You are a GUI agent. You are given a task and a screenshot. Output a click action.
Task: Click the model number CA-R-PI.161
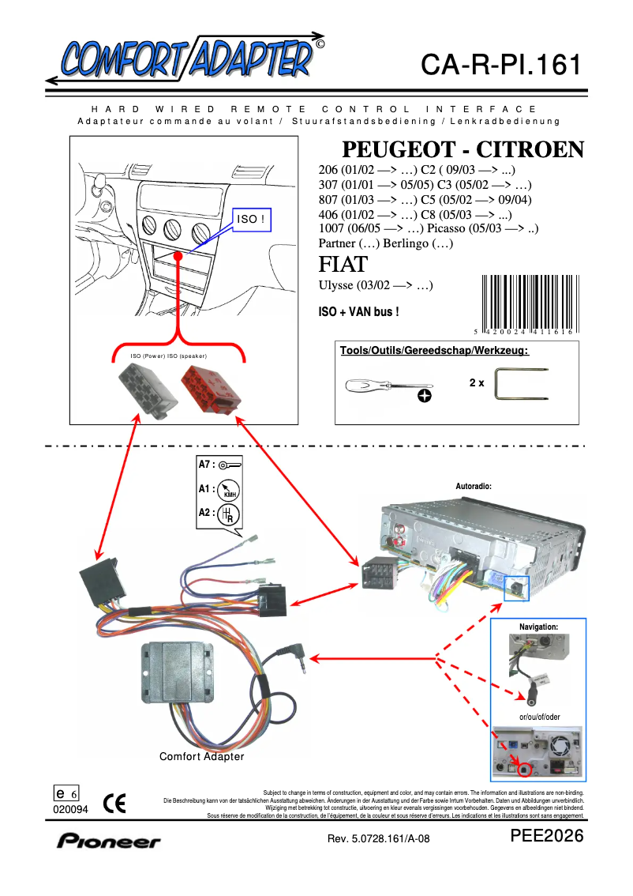click(501, 64)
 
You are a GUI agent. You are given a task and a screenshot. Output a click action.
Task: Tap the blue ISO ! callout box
click(250, 219)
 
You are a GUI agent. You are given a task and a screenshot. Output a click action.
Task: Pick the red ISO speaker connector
click(208, 390)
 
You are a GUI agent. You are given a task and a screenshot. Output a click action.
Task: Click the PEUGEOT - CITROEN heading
click(463, 150)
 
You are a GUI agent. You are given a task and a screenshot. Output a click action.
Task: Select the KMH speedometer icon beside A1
click(230, 490)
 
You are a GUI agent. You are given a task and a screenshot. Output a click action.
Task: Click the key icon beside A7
click(230, 465)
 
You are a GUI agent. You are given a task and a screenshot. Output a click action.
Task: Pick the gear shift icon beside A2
click(229, 514)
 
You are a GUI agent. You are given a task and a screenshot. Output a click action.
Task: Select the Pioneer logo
click(108, 841)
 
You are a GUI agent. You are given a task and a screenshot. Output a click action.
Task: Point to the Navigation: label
click(538, 627)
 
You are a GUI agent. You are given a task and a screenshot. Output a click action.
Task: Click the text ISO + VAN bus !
click(358, 312)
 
